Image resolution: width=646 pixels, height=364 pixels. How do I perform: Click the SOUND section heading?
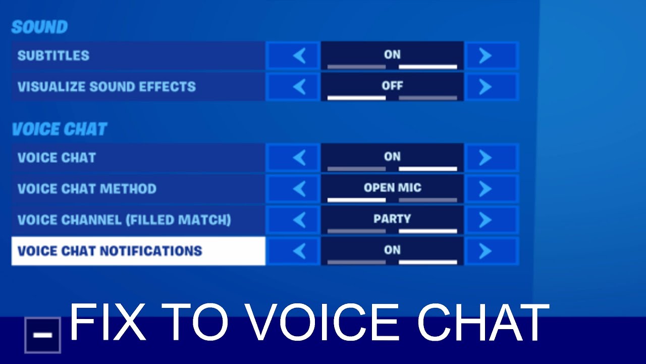(39, 27)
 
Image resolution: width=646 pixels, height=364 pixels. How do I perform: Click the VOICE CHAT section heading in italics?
(60, 129)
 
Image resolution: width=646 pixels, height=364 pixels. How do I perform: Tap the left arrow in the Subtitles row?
(299, 56)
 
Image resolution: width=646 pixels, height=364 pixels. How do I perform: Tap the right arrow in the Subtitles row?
(485, 56)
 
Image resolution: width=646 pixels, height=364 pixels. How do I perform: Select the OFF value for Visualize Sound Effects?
(392, 85)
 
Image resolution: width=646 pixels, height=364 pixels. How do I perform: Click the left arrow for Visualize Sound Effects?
(299, 86)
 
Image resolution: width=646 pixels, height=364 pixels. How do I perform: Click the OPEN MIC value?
(393, 188)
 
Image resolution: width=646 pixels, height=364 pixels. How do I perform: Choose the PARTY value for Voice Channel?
(392, 219)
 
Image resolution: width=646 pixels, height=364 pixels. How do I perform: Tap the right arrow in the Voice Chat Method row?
(485, 189)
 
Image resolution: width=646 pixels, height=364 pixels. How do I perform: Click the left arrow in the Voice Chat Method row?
(299, 189)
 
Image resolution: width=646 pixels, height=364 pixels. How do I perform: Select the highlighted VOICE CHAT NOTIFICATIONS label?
(110, 251)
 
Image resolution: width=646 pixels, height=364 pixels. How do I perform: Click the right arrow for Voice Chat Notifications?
(485, 251)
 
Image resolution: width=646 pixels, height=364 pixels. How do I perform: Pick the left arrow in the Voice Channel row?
(299, 220)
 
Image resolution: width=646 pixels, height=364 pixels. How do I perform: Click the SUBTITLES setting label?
(53, 56)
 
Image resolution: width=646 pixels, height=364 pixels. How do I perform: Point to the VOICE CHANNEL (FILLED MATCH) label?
(124, 220)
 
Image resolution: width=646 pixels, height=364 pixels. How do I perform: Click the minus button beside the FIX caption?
(43, 335)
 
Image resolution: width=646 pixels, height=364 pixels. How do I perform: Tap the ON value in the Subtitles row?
(392, 55)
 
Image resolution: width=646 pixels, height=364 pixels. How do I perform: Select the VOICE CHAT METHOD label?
(87, 189)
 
